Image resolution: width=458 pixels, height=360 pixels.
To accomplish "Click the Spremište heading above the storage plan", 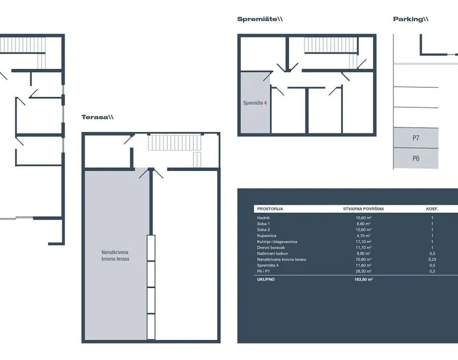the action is [x=260, y=19].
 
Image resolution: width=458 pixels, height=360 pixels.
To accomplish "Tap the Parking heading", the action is [x=410, y=19].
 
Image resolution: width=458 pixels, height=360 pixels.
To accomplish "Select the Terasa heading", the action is [x=97, y=118].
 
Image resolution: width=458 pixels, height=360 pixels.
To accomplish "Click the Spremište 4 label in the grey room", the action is [x=255, y=103].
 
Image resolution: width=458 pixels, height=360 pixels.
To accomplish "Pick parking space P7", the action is [x=416, y=138].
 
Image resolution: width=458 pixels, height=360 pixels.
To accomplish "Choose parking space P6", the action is [x=416, y=158].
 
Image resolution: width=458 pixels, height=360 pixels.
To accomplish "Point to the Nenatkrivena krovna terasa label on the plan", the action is [x=116, y=256].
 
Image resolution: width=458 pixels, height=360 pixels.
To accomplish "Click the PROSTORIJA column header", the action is [x=270, y=209].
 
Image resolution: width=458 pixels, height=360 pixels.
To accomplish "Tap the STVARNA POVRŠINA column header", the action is [x=363, y=209].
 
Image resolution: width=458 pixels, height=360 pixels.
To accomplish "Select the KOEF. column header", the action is [x=433, y=209].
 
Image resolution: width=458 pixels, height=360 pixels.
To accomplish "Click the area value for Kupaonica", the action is [x=363, y=236].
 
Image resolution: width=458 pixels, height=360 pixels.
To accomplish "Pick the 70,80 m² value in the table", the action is [x=363, y=259].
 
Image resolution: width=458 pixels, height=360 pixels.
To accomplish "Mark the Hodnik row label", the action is [x=264, y=218].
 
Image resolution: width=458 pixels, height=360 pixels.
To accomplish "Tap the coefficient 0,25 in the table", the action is [x=433, y=259].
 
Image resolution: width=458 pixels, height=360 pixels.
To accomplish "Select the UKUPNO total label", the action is [x=266, y=279].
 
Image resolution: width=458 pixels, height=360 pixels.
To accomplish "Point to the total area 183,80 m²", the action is [x=363, y=279].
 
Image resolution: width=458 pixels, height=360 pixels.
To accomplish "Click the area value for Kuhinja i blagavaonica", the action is [x=363, y=241].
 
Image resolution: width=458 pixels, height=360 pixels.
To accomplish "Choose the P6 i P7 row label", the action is [x=264, y=271].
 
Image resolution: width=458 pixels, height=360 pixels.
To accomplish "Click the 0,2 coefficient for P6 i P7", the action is [x=433, y=271].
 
